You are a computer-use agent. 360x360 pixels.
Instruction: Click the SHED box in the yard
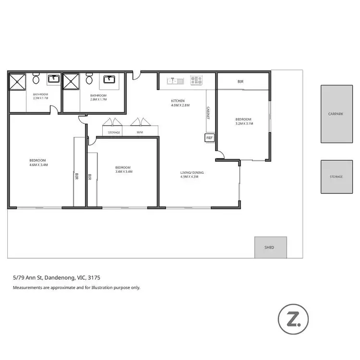(270, 247)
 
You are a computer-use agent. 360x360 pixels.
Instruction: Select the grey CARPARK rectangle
(336, 114)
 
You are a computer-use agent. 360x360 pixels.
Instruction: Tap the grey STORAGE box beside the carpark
(336, 177)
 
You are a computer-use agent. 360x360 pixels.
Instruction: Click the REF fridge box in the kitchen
(209, 138)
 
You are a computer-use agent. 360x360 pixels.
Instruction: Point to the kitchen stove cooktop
(196, 81)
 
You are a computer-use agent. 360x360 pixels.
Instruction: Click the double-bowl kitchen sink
(173, 81)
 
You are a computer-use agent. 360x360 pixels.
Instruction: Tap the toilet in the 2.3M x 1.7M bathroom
(36, 79)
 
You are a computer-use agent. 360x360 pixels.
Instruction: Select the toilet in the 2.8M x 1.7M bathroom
(89, 79)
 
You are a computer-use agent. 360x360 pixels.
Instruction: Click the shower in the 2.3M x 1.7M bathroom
(18, 81)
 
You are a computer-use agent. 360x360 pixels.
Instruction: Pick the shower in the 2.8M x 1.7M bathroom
(71, 81)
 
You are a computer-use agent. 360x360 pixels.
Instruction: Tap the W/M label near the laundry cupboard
(140, 132)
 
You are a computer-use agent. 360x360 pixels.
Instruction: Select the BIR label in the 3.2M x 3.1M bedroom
(240, 82)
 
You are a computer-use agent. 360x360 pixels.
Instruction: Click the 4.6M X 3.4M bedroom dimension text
(38, 165)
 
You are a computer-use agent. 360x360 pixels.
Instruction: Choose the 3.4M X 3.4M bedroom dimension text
(124, 171)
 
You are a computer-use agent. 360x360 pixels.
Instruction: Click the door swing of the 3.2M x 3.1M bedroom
(219, 155)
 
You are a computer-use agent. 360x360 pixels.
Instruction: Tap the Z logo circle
(293, 318)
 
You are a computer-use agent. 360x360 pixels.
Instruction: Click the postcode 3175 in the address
(94, 277)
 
